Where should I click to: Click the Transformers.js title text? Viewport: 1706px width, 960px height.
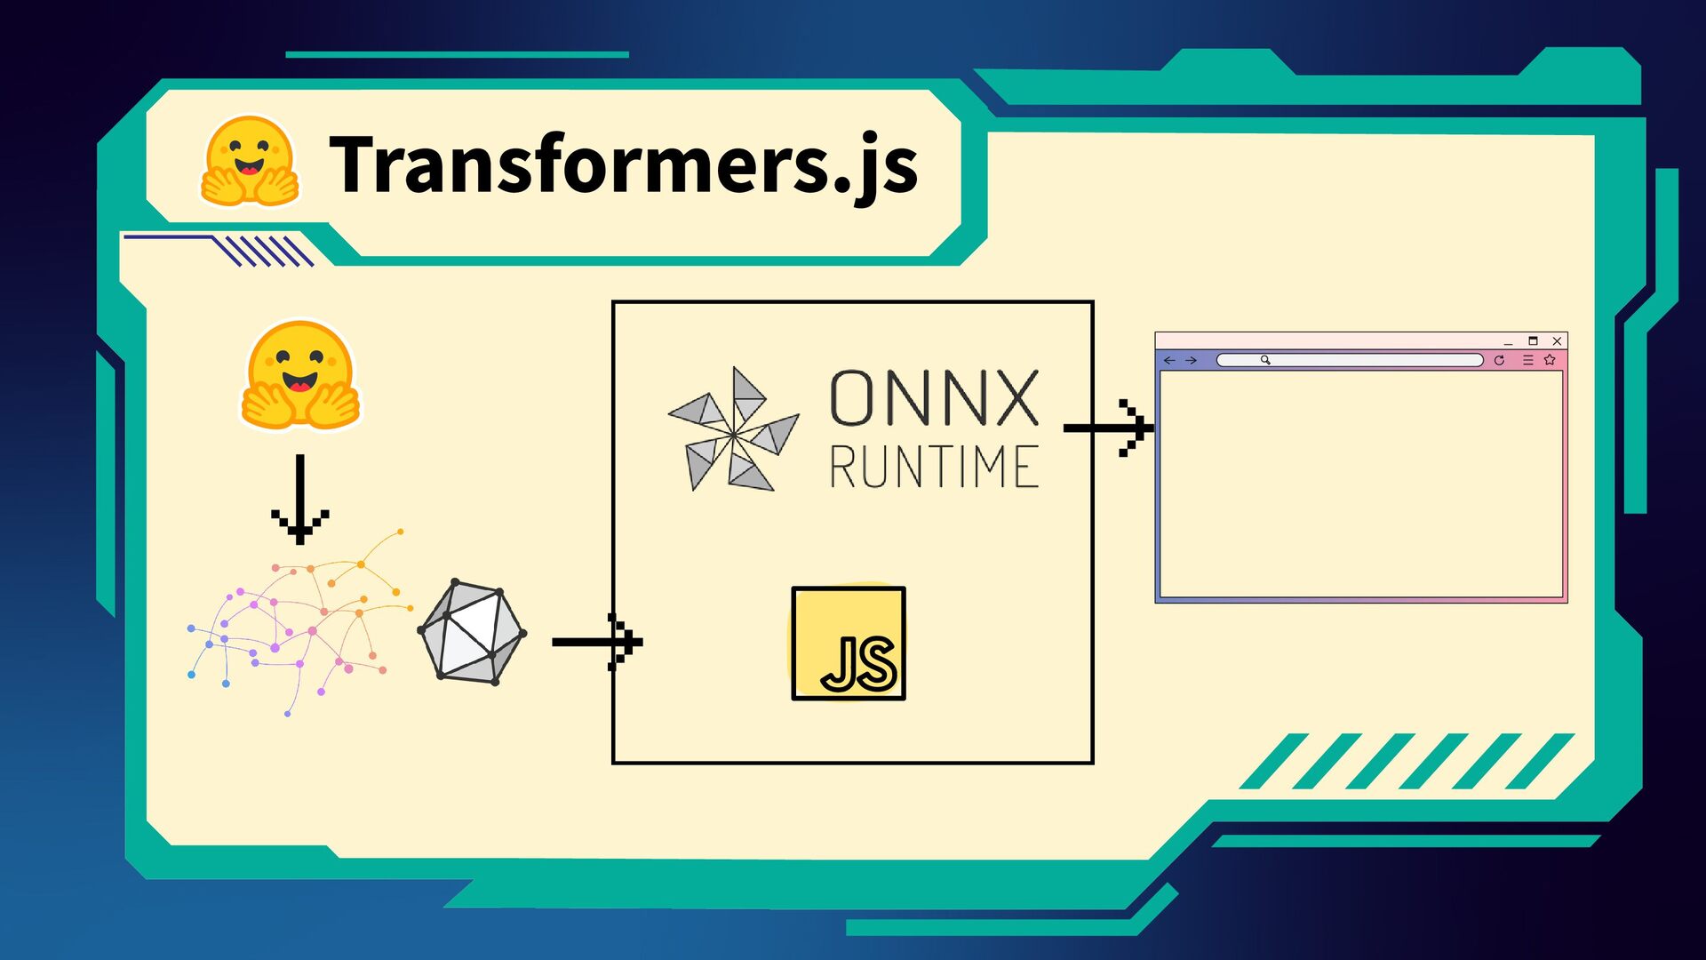pyautogui.click(x=622, y=164)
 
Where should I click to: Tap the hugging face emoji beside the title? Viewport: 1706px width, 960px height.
pyautogui.click(x=249, y=162)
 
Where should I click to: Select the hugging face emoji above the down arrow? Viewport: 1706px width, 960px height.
pyautogui.click(x=300, y=375)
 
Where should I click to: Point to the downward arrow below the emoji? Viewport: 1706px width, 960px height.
pyautogui.click(x=300, y=498)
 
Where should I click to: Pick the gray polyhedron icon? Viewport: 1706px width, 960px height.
pyautogui.click(x=472, y=632)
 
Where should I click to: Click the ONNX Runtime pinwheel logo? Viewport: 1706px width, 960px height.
pyautogui.click(x=733, y=429)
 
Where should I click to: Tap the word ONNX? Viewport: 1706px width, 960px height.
pyautogui.click(x=933, y=398)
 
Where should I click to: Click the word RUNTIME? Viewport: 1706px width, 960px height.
pyautogui.click(x=933, y=467)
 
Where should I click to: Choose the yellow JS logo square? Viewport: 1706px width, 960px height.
pyautogui.click(x=849, y=643)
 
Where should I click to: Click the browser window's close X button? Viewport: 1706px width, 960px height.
pyautogui.click(x=1557, y=341)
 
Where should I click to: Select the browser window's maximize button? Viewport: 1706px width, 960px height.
pyautogui.click(x=1533, y=341)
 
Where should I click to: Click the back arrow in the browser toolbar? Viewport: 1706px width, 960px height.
pyautogui.click(x=1169, y=360)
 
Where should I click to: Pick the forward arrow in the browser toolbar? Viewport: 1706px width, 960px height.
pyautogui.click(x=1192, y=360)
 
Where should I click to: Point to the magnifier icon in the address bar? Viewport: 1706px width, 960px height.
pyautogui.click(x=1265, y=360)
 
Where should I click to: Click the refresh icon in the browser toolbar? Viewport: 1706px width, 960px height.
pyautogui.click(x=1499, y=360)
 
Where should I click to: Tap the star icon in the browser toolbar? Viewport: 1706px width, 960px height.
pyautogui.click(x=1550, y=360)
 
